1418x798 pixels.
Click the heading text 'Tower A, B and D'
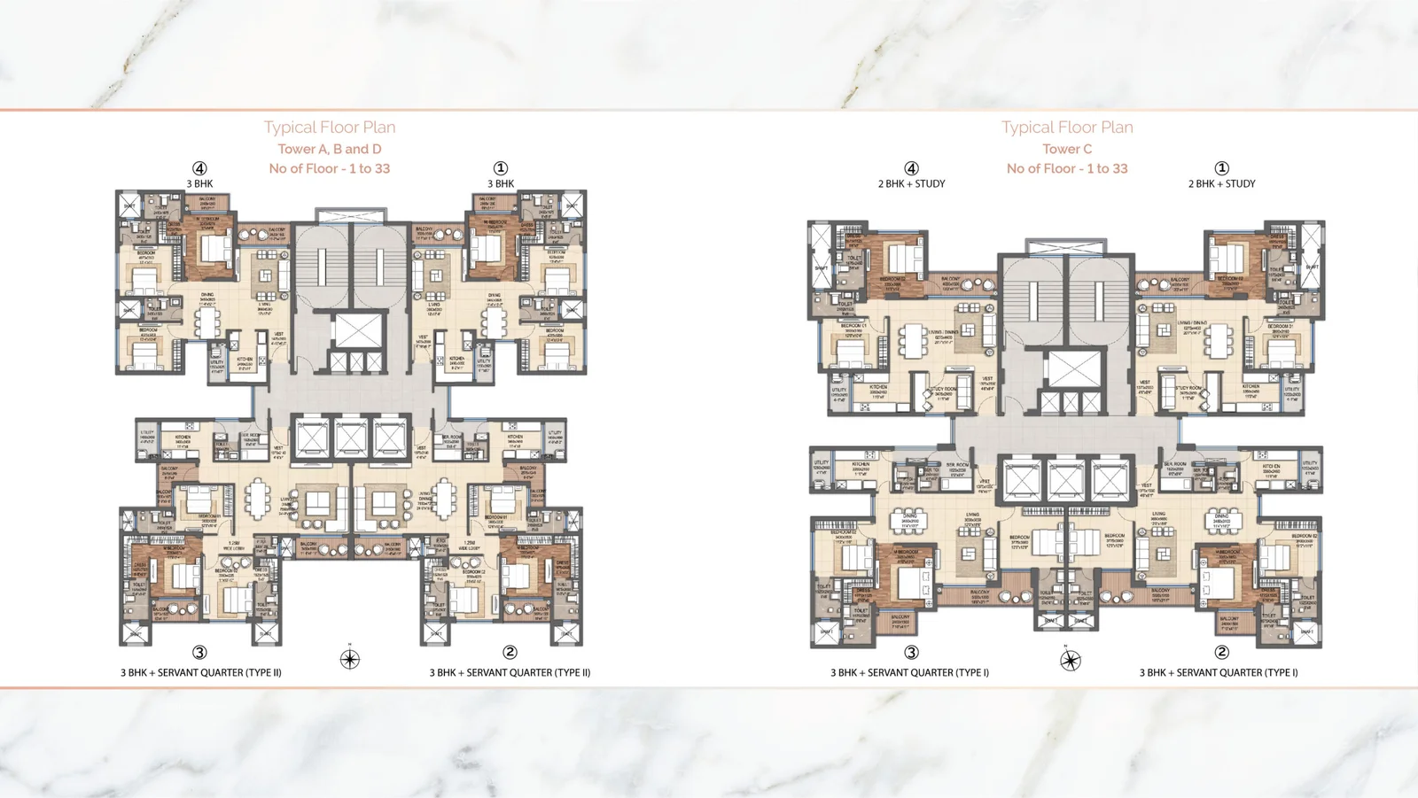pyautogui.click(x=330, y=149)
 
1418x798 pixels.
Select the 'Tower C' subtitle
pyautogui.click(x=1067, y=149)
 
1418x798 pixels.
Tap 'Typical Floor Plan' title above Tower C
pyautogui.click(x=1067, y=127)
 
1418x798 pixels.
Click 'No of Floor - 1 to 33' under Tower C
pyautogui.click(x=1067, y=168)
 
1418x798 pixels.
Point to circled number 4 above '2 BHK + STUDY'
pyautogui.click(x=911, y=168)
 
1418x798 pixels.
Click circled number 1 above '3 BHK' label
pyautogui.click(x=501, y=168)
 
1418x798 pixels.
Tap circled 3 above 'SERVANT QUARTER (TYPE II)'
pyautogui.click(x=200, y=653)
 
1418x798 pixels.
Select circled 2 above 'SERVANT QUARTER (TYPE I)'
pyautogui.click(x=1221, y=653)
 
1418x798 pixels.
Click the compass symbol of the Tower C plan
pyautogui.click(x=1071, y=660)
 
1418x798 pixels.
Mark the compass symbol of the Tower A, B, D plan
pyautogui.click(x=350, y=659)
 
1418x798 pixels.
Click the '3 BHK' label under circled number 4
pyautogui.click(x=199, y=183)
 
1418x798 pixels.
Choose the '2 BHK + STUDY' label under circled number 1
pyautogui.click(x=1221, y=183)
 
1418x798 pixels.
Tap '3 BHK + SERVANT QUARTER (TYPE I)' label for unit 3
pyautogui.click(x=909, y=672)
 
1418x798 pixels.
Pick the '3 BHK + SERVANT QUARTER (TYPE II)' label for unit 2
pyautogui.click(x=510, y=672)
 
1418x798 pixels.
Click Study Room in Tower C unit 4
pyautogui.click(x=943, y=393)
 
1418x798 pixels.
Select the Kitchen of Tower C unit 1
pyautogui.click(x=1250, y=391)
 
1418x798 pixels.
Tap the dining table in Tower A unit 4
pyautogui.click(x=208, y=321)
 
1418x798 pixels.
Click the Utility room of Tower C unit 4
pyautogui.click(x=838, y=393)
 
